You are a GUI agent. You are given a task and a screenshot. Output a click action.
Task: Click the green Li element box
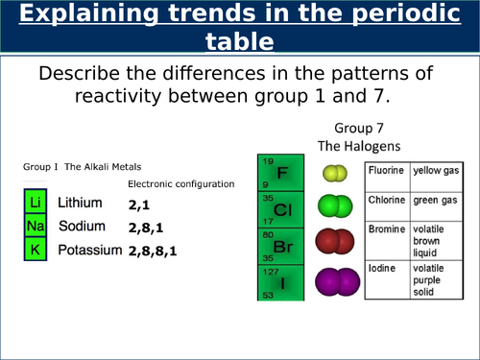tap(35, 204)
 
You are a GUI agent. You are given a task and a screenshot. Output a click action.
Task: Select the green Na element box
tap(35, 227)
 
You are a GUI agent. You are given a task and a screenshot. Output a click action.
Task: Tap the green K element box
tap(35, 250)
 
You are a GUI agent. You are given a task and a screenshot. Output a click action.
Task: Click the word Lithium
tap(80, 204)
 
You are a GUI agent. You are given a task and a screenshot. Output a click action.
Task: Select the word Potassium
tap(89, 250)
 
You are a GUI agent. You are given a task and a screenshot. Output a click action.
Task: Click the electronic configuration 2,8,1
tap(146, 228)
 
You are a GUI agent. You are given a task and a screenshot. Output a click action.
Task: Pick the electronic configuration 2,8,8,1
tap(153, 251)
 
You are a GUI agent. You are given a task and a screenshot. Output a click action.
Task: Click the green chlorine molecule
tap(335, 205)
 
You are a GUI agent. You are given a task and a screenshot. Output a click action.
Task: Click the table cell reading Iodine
tap(383, 269)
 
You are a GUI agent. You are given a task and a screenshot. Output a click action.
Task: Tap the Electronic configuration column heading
tap(180, 183)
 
